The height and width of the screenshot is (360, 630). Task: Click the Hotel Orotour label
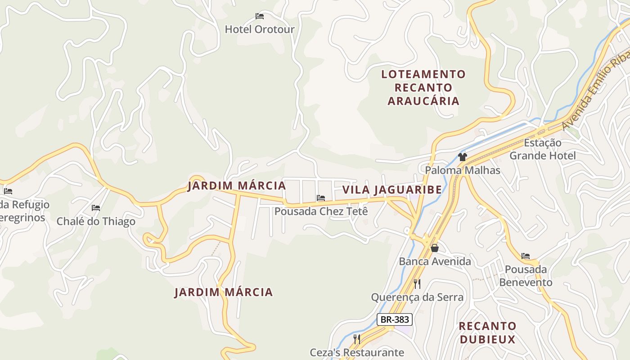(x=260, y=30)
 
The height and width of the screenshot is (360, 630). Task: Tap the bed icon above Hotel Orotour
(x=260, y=16)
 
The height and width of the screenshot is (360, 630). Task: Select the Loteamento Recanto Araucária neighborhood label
(x=423, y=87)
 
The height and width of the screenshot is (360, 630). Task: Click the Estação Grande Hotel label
(x=542, y=149)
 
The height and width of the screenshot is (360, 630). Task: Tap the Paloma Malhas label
(x=463, y=170)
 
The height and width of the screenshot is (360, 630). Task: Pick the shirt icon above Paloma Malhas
(x=463, y=157)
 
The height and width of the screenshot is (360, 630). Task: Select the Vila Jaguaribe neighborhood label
(x=392, y=190)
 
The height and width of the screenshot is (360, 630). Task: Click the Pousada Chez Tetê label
(x=321, y=211)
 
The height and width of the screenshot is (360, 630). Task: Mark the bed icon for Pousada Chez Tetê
(x=321, y=198)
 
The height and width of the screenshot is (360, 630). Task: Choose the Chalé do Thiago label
(x=96, y=221)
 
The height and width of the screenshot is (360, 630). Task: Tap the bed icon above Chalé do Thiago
(x=96, y=208)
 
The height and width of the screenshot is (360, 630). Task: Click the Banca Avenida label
(x=435, y=261)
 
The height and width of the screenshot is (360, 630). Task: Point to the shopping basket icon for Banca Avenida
(x=435, y=248)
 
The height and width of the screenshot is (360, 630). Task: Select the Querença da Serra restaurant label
(x=417, y=297)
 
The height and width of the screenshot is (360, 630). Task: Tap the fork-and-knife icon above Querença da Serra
(x=417, y=283)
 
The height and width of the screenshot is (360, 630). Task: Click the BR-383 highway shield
(x=395, y=319)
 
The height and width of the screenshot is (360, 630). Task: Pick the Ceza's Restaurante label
(x=357, y=352)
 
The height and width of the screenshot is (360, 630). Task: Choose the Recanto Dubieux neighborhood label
(x=487, y=332)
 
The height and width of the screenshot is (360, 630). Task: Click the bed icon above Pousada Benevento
(x=526, y=256)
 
